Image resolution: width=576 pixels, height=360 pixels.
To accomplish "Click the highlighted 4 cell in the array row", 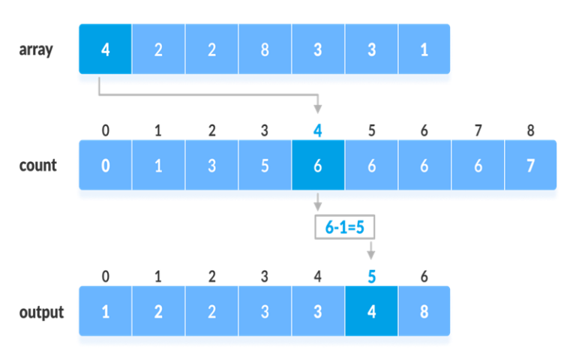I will (104, 49).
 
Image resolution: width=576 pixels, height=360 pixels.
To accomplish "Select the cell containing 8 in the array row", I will (265, 49).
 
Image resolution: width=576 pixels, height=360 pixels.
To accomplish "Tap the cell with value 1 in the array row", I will (424, 49).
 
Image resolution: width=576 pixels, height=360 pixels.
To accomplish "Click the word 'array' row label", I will (36, 50).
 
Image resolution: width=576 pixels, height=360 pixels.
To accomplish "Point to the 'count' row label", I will (37, 166).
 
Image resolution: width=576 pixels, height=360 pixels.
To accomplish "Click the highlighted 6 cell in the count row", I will (318, 166).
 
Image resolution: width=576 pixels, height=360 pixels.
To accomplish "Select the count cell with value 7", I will (531, 166).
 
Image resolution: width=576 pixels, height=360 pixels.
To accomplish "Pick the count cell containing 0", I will (104, 166).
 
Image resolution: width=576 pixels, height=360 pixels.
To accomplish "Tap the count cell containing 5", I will (265, 166).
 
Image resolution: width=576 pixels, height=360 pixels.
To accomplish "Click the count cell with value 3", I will (211, 166).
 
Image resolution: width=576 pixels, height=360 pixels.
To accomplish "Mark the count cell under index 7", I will (478, 166).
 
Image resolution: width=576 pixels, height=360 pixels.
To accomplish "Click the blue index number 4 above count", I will (318, 130).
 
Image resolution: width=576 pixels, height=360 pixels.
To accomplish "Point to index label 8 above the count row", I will (531, 130).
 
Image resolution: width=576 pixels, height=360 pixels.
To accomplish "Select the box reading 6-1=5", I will (344, 227).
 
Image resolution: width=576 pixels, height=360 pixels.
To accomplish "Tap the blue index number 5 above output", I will (371, 277).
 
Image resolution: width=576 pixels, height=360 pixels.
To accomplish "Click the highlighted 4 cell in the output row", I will (371, 312).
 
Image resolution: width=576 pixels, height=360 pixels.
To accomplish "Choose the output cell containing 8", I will (424, 312).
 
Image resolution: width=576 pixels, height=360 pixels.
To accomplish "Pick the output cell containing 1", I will (104, 312).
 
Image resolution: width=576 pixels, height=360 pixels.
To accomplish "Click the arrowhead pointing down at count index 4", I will (318, 109).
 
